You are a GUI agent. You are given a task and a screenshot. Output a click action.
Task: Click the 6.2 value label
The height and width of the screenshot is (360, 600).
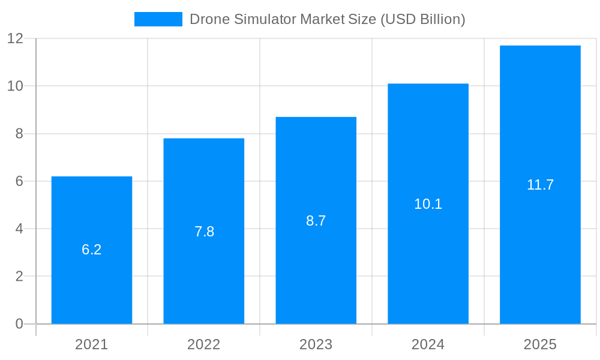92,250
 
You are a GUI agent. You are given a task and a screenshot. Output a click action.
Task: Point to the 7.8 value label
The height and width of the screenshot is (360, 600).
204,232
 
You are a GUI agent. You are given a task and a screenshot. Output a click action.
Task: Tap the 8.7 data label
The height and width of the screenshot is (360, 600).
316,221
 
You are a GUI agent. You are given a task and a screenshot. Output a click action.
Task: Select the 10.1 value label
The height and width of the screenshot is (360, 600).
428,204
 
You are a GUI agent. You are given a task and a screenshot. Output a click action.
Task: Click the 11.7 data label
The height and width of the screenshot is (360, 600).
540,185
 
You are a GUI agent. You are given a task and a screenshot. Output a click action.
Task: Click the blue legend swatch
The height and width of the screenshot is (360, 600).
158,19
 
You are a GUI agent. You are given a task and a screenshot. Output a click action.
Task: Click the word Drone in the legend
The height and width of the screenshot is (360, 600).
207,19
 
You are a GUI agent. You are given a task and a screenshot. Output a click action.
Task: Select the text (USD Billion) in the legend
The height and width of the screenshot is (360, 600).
423,19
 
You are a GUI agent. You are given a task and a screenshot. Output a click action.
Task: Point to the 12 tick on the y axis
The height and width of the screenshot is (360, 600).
15,38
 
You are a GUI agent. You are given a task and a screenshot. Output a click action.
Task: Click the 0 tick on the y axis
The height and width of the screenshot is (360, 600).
19,324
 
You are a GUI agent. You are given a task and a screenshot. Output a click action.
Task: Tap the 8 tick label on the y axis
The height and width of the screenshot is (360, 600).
19,134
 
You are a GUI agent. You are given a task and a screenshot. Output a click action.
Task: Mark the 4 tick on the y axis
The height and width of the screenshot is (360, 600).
19,229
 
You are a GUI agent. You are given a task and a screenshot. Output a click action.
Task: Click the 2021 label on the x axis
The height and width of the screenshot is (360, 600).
92,344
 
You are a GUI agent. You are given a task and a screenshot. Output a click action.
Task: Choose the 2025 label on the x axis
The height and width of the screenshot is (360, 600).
540,344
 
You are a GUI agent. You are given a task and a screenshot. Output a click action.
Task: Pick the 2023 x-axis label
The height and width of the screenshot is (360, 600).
316,344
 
